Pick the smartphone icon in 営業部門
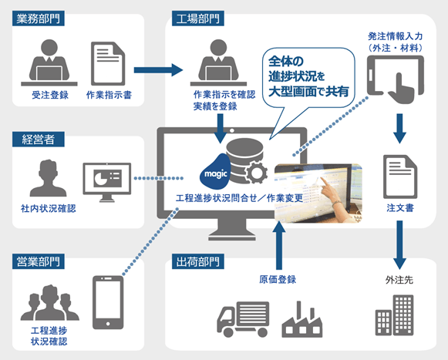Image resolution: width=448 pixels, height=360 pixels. tap(108, 305)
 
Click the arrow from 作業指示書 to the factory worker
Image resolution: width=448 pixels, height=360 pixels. tap(160, 71)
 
